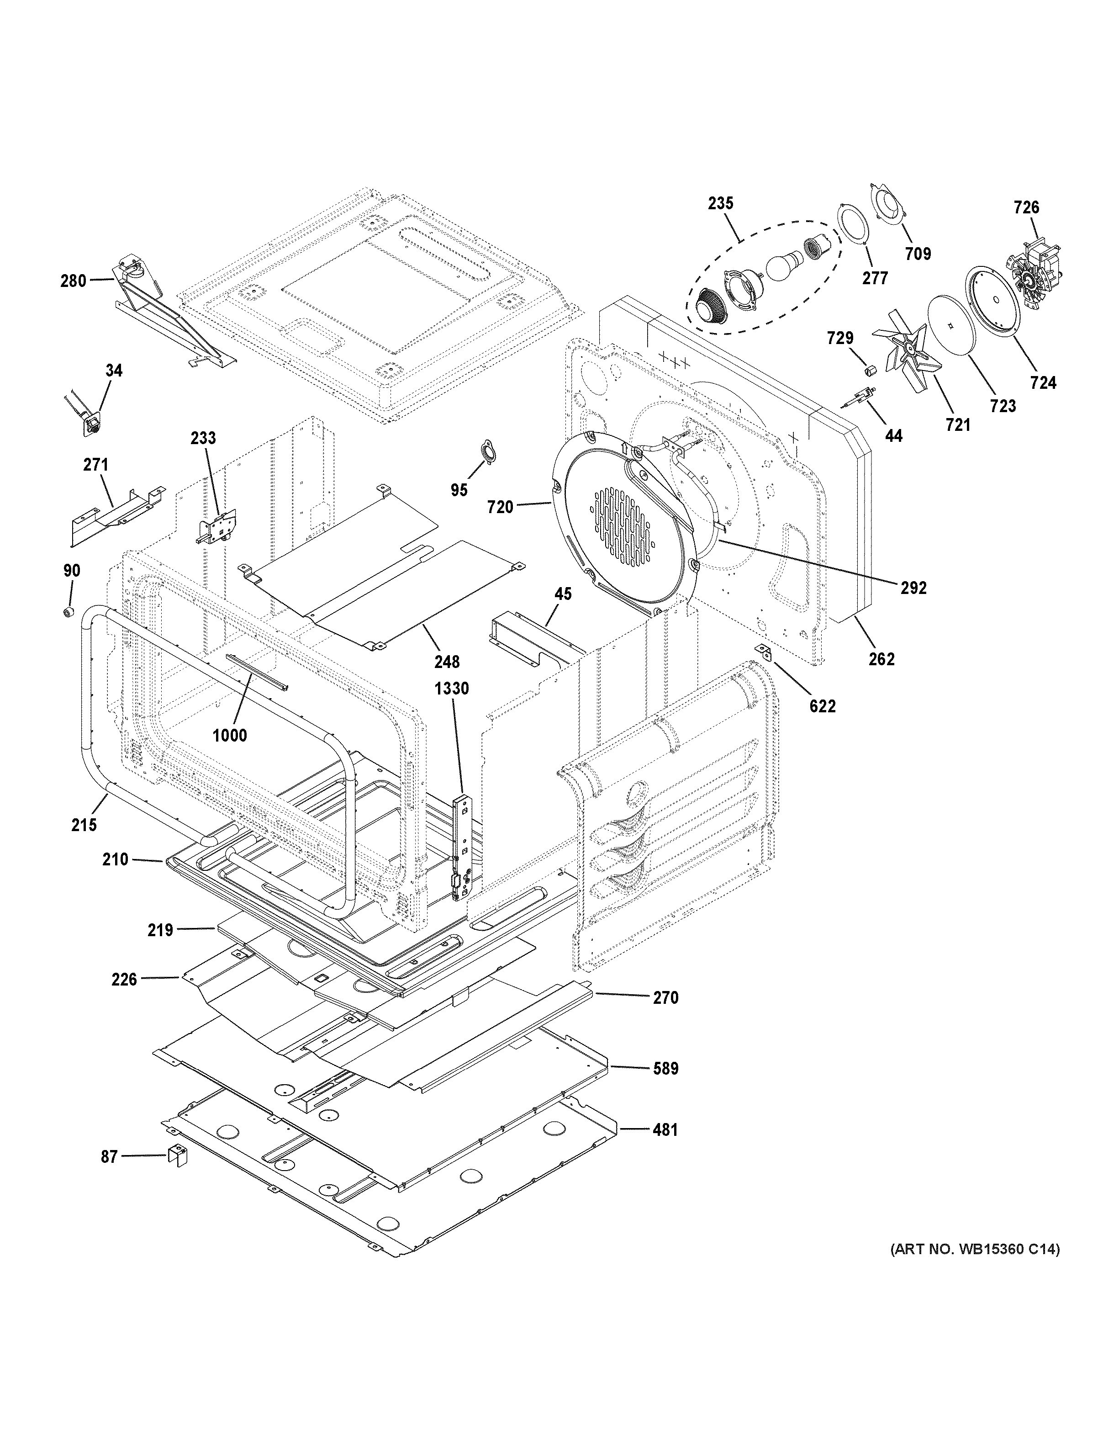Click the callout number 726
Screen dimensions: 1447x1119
1026,207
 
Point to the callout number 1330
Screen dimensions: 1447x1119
452,689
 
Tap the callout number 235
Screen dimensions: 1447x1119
720,203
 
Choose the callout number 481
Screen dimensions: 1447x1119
665,1129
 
